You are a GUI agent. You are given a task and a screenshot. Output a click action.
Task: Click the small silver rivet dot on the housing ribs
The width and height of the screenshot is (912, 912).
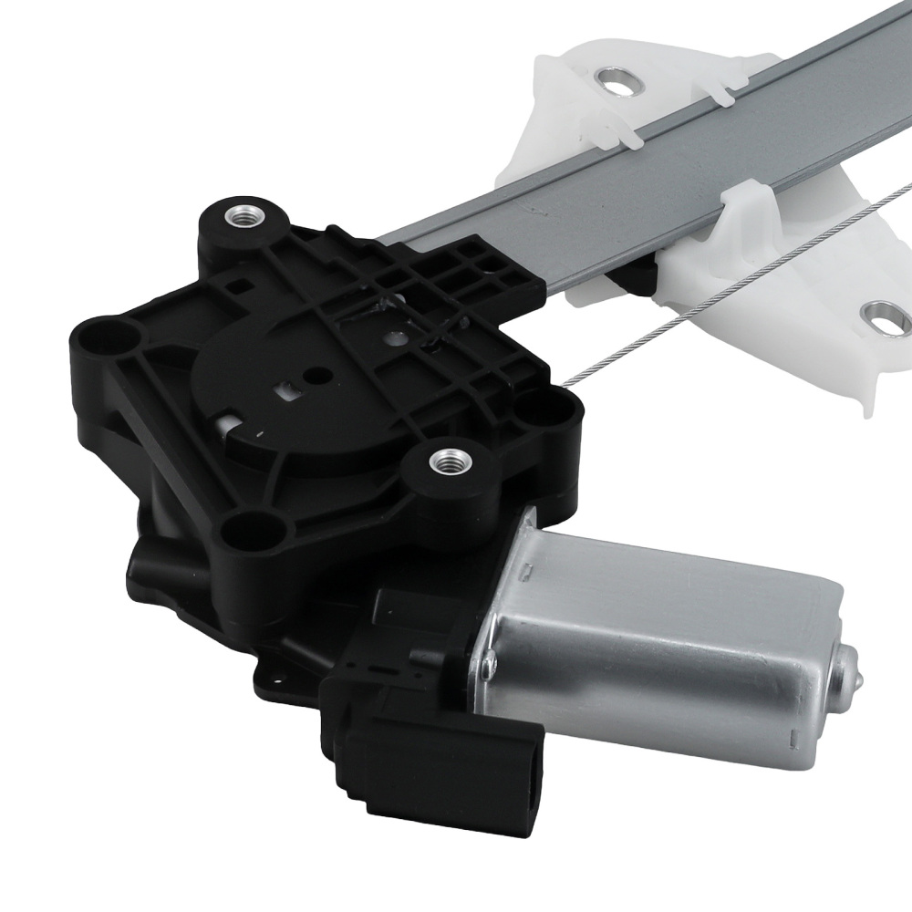[393, 337]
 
